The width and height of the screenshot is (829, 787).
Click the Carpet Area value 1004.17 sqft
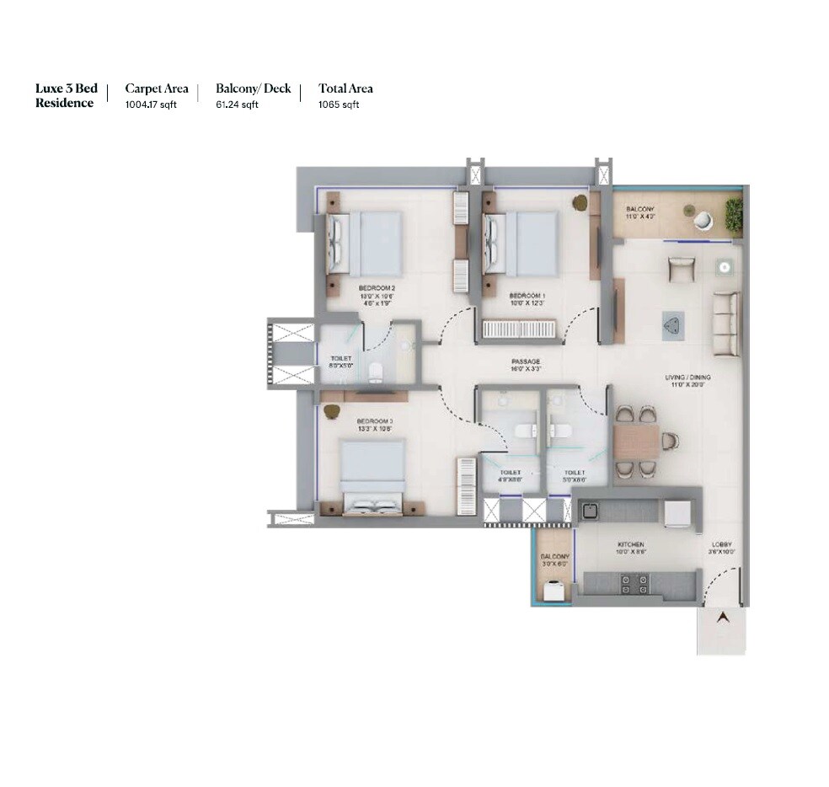coord(151,104)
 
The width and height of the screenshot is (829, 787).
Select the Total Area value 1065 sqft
coord(339,104)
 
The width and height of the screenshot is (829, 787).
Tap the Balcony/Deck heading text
coord(253,88)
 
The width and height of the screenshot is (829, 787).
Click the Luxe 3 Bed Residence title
coord(66,95)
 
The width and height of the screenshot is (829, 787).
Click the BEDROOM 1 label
coord(528,296)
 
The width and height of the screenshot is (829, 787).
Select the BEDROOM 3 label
coord(375,420)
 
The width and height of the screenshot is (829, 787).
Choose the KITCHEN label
coord(630,545)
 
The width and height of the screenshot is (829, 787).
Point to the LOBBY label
coord(722,545)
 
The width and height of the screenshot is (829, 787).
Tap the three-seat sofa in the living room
coord(725,324)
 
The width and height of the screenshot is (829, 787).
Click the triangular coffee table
coord(672,324)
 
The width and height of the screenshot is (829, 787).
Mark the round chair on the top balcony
coord(703,220)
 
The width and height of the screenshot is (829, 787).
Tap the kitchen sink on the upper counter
coord(591,511)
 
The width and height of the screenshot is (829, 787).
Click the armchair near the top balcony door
coord(681,269)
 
